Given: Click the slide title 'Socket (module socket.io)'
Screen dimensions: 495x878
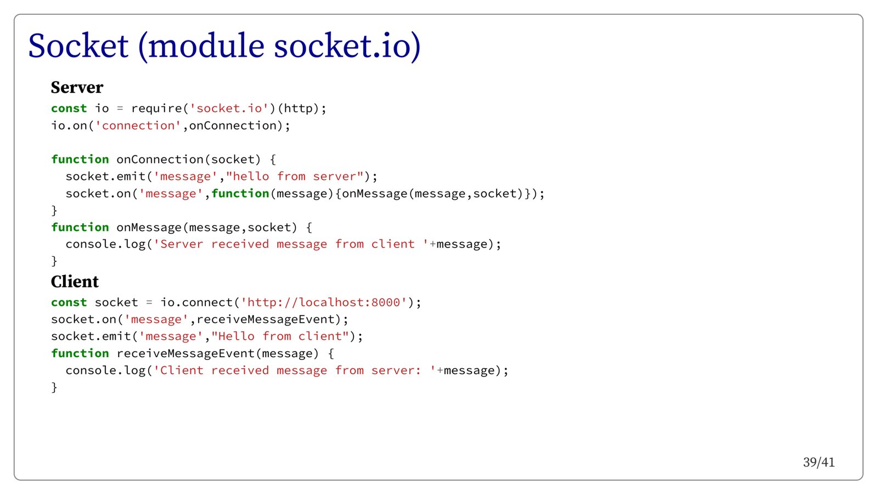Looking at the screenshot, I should [224, 46].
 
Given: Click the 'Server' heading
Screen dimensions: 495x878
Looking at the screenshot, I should [77, 87].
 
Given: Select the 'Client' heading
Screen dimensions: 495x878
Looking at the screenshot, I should [75, 282].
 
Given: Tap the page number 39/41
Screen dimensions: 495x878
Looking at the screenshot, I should [818, 462].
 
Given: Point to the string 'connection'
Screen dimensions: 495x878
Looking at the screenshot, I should [138, 126].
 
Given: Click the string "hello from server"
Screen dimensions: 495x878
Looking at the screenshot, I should [295, 177].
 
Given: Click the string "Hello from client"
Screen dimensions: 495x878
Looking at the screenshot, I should [280, 336].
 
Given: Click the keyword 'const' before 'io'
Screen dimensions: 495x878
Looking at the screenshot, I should [69, 109].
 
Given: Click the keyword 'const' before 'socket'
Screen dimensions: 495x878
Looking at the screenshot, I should [69, 302].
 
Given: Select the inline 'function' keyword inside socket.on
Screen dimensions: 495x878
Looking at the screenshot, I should [240, 194].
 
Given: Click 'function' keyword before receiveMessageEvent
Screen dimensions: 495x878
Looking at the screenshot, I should [80, 353].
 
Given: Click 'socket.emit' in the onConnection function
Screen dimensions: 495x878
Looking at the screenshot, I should [105, 177].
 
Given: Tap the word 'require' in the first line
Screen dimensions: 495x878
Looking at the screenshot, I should [156, 109].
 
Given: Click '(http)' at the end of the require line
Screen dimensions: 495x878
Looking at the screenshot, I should [298, 109].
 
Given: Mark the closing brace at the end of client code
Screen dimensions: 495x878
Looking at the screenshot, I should [54, 387].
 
